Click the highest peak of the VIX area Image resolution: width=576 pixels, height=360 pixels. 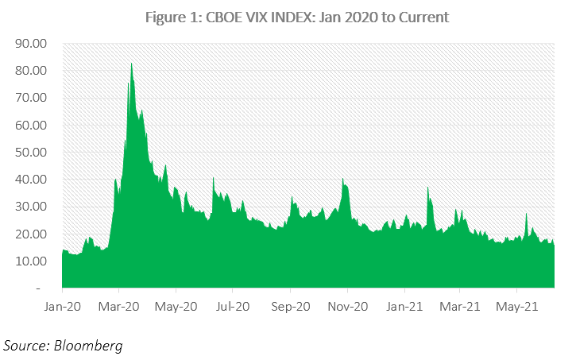pos(131,64)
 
